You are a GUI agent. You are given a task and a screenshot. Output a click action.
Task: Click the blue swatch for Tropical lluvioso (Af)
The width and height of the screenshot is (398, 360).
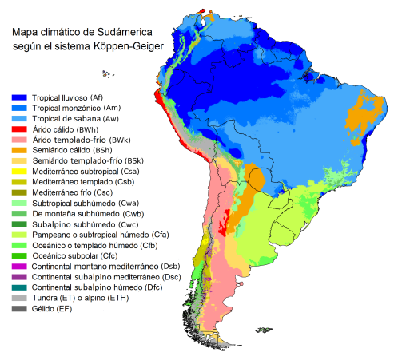[19, 97]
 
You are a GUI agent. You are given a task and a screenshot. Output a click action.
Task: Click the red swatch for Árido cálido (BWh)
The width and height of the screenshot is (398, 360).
[19, 129]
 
